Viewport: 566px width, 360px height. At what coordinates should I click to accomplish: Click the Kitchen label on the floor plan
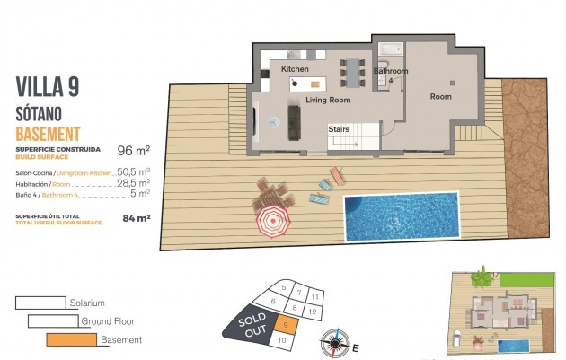(x=295, y=69)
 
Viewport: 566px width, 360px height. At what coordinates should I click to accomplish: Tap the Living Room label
(x=327, y=101)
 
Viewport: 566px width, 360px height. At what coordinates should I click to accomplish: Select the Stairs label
(x=339, y=129)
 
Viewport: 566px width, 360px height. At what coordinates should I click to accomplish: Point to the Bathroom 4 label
(x=391, y=75)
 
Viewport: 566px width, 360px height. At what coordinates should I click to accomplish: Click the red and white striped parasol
(x=272, y=219)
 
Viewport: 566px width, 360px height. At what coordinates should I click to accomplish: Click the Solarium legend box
(x=40, y=303)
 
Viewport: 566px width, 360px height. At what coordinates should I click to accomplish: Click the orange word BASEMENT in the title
(x=55, y=133)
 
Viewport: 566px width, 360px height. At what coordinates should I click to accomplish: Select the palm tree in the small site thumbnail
(x=484, y=271)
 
